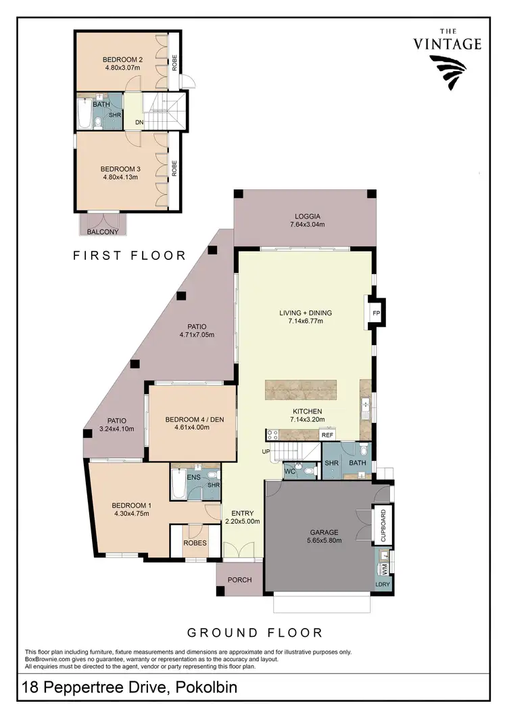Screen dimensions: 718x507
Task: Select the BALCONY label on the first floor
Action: [103, 232]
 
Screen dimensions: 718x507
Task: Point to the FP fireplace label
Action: [377, 313]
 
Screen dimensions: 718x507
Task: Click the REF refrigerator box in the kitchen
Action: [327, 435]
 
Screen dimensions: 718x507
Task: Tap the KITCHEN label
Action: [307, 411]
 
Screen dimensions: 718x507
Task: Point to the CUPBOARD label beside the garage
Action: [383, 524]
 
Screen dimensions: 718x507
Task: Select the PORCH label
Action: [239, 580]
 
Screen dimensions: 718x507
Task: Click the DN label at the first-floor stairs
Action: [139, 122]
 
